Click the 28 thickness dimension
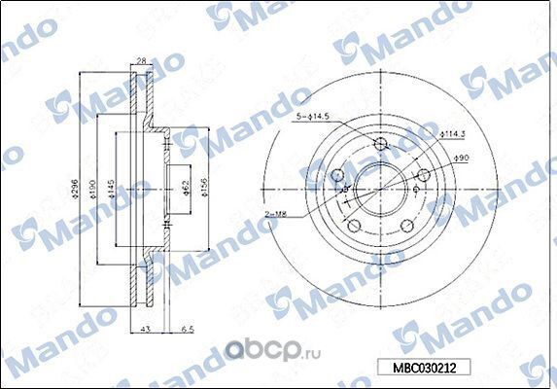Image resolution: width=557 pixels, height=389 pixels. pos(142,60)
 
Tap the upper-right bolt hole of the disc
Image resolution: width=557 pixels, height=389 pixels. pos(423,177)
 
